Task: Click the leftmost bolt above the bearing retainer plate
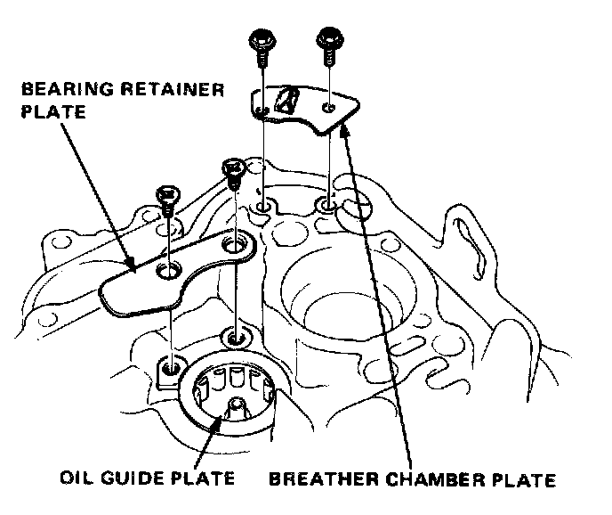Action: pos(165,197)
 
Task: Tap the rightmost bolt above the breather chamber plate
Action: pos(330,41)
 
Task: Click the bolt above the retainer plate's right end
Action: pos(233,171)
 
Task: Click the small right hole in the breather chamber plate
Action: pos(329,107)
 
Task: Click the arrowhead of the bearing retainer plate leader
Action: pos(133,265)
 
